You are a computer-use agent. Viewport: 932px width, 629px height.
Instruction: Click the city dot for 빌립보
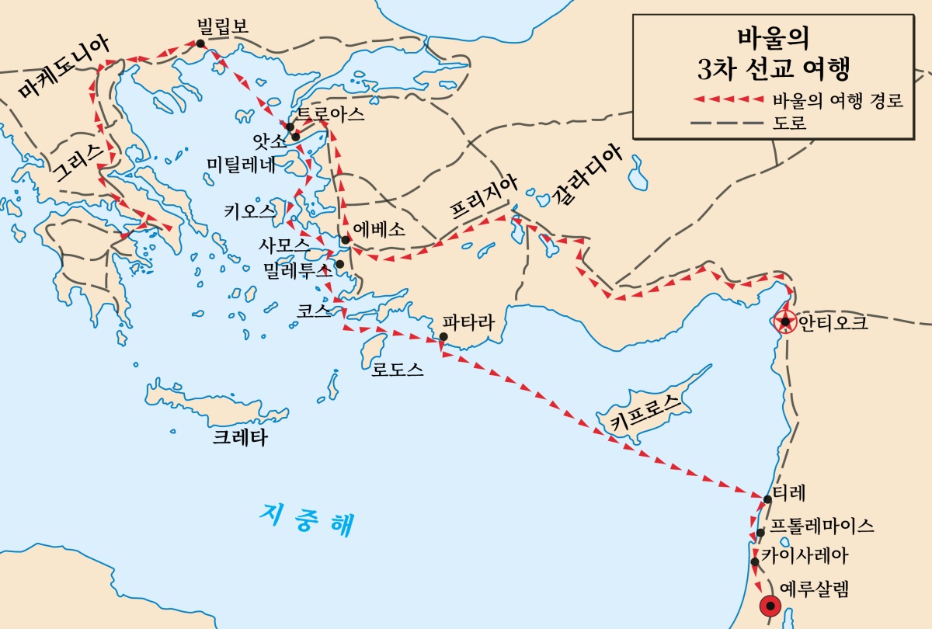pos(200,43)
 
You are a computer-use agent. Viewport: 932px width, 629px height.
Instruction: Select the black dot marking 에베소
pos(345,240)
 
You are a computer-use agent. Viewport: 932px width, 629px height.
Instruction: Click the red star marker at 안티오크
pos(785,321)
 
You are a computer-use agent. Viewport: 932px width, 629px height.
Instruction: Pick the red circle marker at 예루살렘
pos(770,606)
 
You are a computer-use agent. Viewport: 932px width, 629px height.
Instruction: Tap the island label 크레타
pos(240,438)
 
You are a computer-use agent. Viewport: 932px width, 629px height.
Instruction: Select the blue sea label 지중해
pos(308,518)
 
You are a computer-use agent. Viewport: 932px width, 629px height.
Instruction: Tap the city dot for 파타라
pos(443,337)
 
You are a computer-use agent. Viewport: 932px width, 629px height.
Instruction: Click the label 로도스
pos(398,370)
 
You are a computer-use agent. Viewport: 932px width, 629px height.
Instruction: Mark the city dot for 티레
pos(767,499)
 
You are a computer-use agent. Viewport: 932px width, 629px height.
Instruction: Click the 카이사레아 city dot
pos(755,561)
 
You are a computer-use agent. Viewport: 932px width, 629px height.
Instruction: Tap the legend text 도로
pos(790,123)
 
